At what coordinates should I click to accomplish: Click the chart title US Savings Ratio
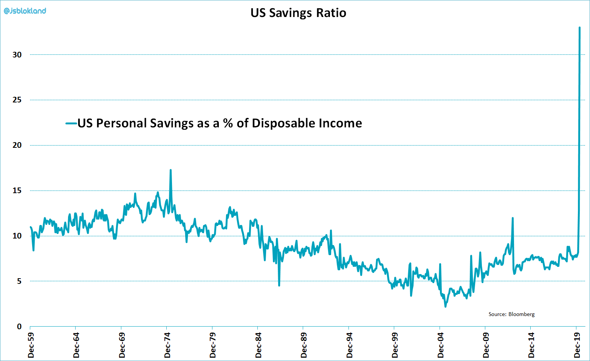point(298,13)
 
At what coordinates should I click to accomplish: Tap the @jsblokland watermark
point(25,11)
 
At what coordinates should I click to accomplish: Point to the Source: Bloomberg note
point(511,314)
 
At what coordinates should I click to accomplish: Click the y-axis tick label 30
point(17,55)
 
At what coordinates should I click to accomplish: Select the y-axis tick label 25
point(17,100)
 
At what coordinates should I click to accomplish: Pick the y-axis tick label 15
point(17,191)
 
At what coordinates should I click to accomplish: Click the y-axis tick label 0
point(19,327)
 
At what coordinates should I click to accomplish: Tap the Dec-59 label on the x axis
point(31,345)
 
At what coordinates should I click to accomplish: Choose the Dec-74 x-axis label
point(167,345)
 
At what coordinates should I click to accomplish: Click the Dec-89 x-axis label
point(304,345)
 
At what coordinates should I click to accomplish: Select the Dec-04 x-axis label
point(441,345)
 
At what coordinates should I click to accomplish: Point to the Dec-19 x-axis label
point(577,345)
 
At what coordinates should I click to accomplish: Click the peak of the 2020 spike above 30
point(579,28)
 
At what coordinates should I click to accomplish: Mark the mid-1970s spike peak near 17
point(170,170)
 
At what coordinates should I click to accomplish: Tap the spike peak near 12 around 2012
point(513,218)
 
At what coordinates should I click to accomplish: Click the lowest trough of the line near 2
point(445,307)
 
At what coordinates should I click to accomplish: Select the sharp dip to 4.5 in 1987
point(279,285)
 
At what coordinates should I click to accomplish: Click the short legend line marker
point(71,123)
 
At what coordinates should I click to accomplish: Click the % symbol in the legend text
point(228,123)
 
